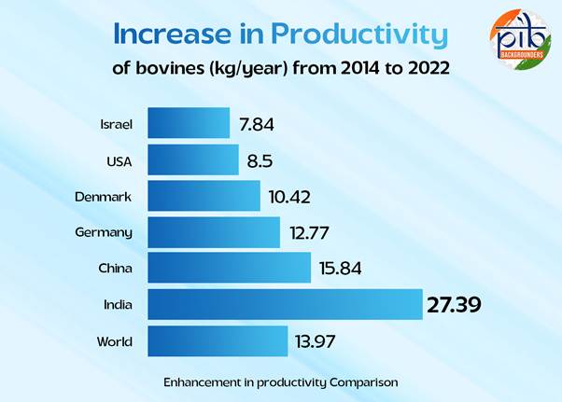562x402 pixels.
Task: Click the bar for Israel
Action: tap(189, 123)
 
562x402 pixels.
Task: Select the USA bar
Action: tap(193, 159)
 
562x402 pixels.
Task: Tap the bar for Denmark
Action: tap(204, 196)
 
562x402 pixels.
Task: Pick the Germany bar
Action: tap(214, 232)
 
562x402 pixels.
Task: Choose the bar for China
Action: tap(229, 268)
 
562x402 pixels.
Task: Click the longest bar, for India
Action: tap(285, 304)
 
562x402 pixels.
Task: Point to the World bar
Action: tap(218, 341)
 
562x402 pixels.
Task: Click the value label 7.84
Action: tap(257, 125)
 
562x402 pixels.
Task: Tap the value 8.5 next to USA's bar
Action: tap(260, 161)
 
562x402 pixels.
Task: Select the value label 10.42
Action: tap(289, 197)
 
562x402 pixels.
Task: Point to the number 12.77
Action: tap(309, 233)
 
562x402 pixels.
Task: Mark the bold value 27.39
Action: tap(454, 305)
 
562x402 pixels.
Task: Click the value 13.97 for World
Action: tap(316, 341)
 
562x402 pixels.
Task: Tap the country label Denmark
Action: tap(104, 197)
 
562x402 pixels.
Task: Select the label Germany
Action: tap(104, 233)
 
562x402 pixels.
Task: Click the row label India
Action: tap(118, 305)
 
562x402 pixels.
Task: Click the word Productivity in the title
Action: tap(359, 35)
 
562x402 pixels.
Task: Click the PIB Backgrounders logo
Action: tap(520, 39)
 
